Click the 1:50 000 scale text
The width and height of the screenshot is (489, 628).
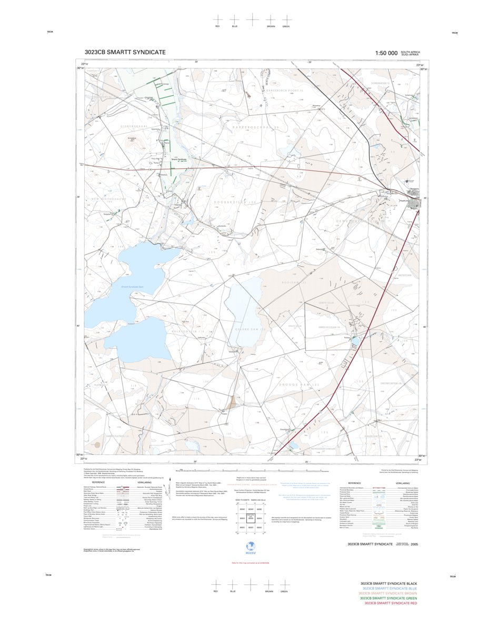[x=386, y=53]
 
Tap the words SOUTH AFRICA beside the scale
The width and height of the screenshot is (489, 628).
[x=410, y=52]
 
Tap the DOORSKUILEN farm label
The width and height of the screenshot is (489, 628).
[x=235, y=202]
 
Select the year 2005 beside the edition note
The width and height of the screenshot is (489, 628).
[x=415, y=544]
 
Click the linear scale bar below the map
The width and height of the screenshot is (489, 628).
[x=251, y=470]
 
